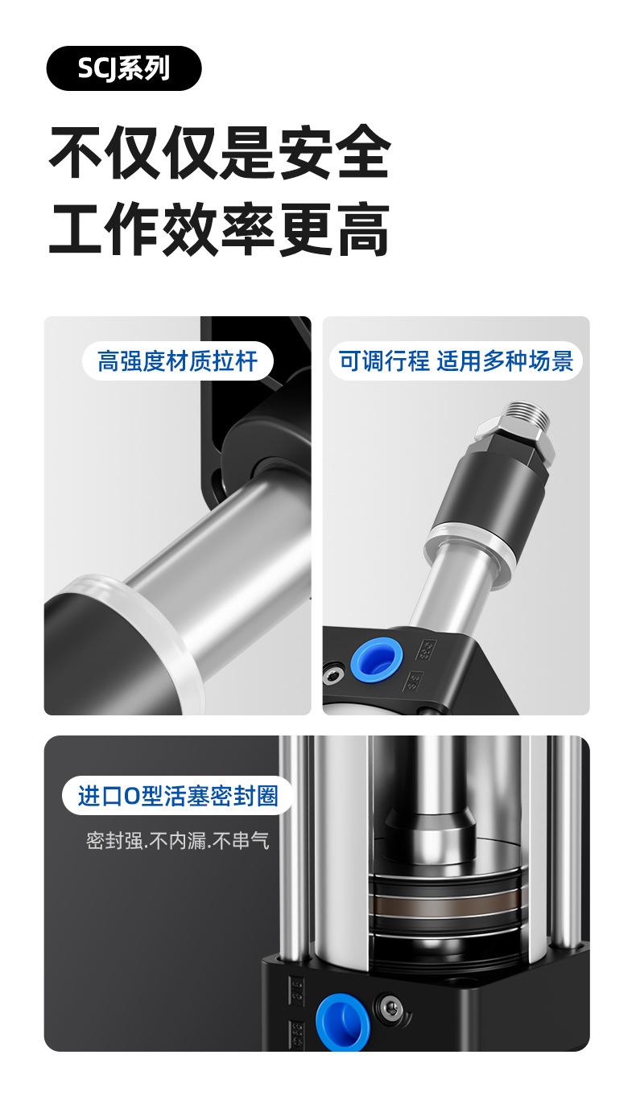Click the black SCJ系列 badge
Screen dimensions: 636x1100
pyautogui.click(x=124, y=68)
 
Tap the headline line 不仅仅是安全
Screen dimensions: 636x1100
pyautogui.click(x=220, y=152)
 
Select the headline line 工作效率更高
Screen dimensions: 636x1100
pyautogui.click(x=220, y=229)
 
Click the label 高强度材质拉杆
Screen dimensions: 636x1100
pyautogui.click(x=177, y=361)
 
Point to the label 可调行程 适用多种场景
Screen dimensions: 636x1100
pyautogui.click(x=456, y=361)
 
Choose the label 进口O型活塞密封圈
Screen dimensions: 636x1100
pyautogui.click(x=178, y=796)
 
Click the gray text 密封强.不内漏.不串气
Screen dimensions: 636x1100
pyautogui.click(x=177, y=840)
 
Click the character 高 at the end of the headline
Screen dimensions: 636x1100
pyautogui.click(x=363, y=229)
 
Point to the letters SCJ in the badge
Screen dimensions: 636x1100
pyautogui.click(x=97, y=68)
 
